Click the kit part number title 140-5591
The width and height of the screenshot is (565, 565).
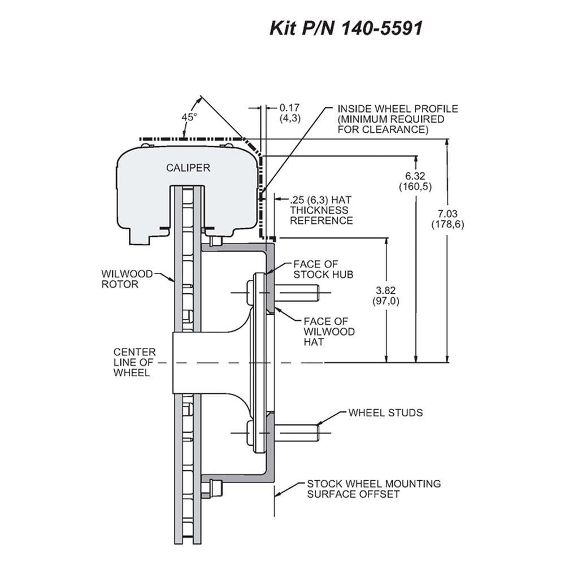click(x=346, y=28)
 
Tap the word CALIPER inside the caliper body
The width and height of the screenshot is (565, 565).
click(x=188, y=168)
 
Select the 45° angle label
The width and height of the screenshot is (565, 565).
click(x=189, y=117)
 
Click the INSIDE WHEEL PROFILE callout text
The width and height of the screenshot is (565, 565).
click(x=397, y=119)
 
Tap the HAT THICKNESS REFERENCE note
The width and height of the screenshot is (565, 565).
click(x=321, y=210)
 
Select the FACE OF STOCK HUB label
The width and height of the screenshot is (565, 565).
click(x=323, y=269)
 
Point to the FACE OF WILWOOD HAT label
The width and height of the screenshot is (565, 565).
click(x=329, y=332)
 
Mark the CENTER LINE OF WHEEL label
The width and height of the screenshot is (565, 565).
click(x=134, y=362)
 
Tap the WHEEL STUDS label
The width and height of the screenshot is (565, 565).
click(x=385, y=412)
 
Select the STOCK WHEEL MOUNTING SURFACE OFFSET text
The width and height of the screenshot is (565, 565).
click(x=373, y=489)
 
